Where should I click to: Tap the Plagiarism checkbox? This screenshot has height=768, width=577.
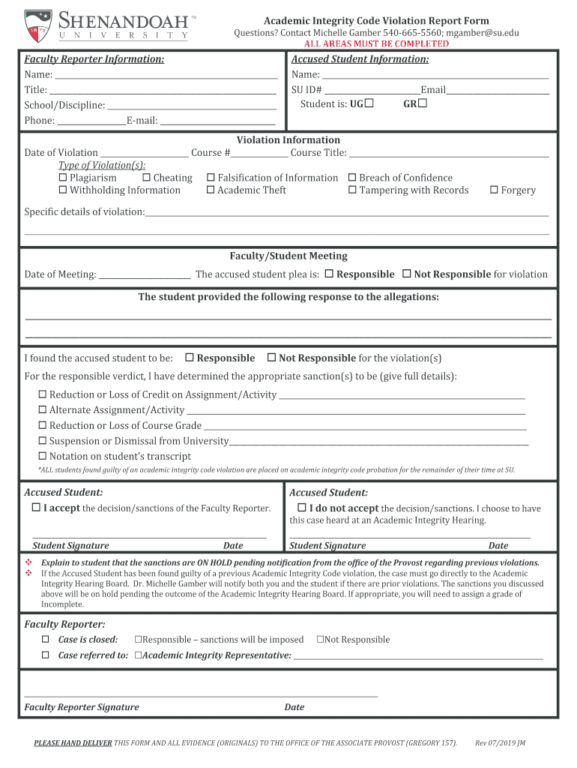tap(63, 178)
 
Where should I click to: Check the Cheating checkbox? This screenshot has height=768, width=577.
tap(146, 178)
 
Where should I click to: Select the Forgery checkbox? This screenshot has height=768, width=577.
tap(495, 190)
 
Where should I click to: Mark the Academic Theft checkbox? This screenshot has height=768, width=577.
tap(211, 190)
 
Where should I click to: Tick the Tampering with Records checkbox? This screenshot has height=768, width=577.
tap(352, 190)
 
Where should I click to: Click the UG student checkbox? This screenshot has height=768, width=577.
tap(369, 103)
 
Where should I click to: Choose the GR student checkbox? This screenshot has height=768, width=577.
tap(422, 103)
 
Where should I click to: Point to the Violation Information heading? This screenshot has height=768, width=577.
tap(288, 139)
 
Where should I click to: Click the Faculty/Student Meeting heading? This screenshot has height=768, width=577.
tap(288, 256)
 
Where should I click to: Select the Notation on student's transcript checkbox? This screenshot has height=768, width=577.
tap(43, 456)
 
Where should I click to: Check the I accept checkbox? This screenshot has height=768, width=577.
tap(36, 508)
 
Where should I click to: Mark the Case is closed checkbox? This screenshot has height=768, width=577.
tap(44, 640)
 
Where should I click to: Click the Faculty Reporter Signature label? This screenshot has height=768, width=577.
tap(82, 706)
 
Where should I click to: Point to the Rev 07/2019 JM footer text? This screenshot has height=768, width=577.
tap(500, 743)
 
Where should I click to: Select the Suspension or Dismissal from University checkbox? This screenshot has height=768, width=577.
tap(43, 441)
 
